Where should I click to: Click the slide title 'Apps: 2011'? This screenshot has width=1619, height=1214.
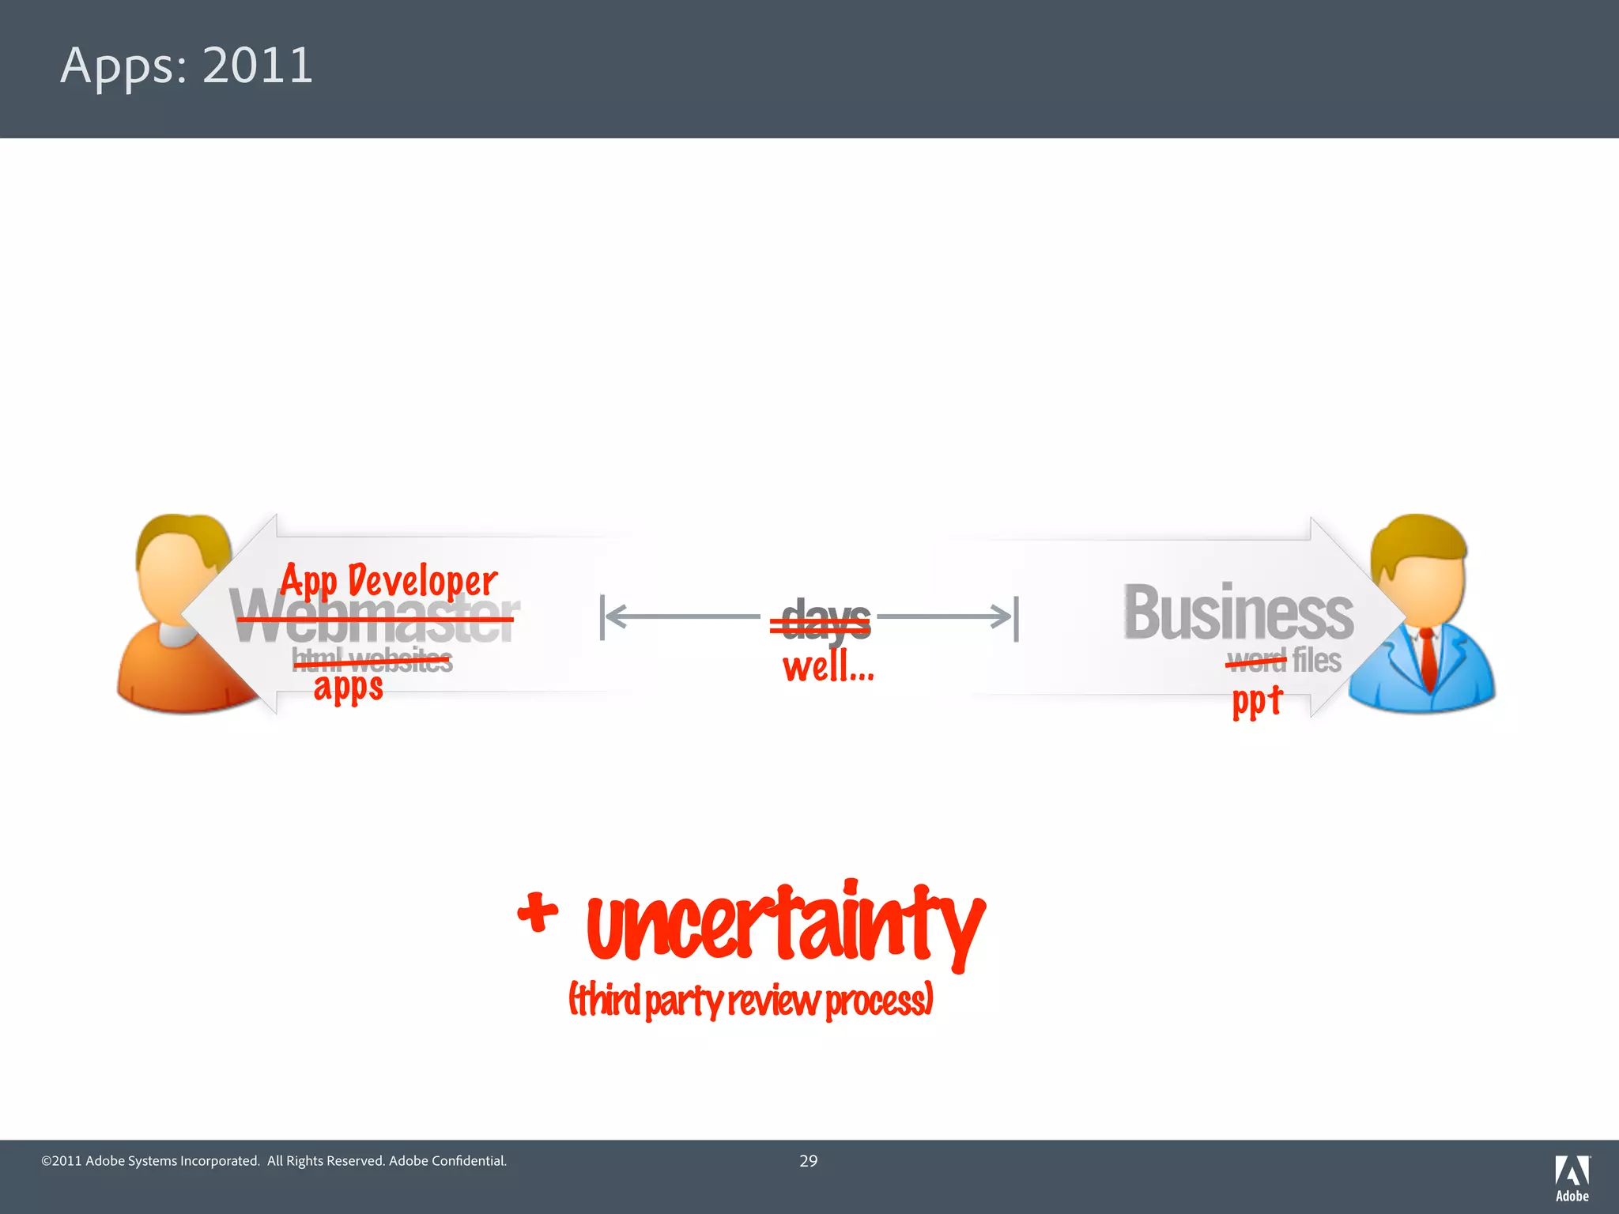pyautogui.click(x=187, y=66)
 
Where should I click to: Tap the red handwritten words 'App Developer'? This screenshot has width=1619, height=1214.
pyautogui.click(x=389, y=582)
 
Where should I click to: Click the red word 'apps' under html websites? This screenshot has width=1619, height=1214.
pyautogui.click(x=348, y=687)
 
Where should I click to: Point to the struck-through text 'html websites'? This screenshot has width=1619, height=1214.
pyautogui.click(x=372, y=660)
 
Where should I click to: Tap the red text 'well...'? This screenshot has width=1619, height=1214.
pyautogui.click(x=828, y=666)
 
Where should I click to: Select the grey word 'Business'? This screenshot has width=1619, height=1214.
pyautogui.click(x=1238, y=613)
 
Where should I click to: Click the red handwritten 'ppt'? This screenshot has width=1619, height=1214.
pyautogui.click(x=1256, y=700)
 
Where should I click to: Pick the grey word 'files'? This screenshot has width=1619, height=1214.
pyautogui.click(x=1316, y=660)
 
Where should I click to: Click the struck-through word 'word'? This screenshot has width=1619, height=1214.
pyautogui.click(x=1256, y=660)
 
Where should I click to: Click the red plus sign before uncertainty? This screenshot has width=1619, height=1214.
pyautogui.click(x=538, y=913)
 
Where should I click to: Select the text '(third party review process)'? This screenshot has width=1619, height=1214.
pyautogui.click(x=751, y=1001)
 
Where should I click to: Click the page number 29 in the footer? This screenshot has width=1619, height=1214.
pyautogui.click(x=808, y=1161)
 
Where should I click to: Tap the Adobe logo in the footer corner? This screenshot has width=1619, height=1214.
pyautogui.click(x=1572, y=1178)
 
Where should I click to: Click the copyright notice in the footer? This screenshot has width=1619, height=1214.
pyautogui.click(x=274, y=1161)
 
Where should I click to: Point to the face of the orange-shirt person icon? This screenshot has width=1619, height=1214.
pyautogui.click(x=175, y=585)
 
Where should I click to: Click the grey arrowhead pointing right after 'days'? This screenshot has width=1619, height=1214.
pyautogui.click(x=1002, y=616)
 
